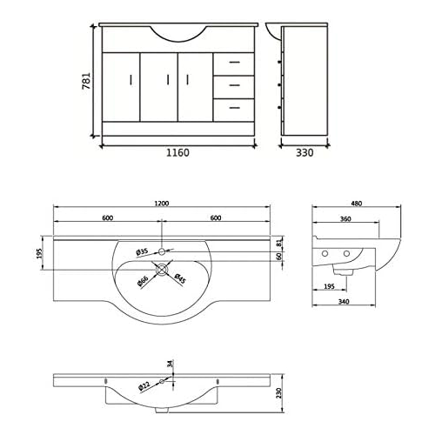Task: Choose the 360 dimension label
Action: point(346,220)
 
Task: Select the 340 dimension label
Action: point(345,302)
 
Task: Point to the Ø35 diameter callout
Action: point(142,252)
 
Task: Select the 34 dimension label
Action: point(171,365)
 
